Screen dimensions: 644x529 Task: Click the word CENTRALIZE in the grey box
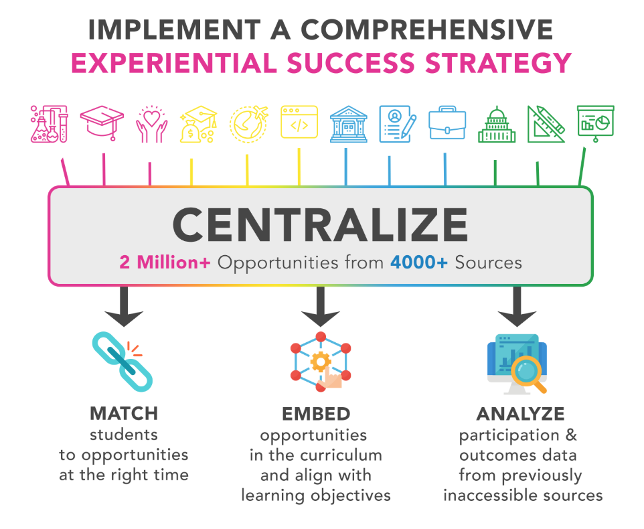coord(320,225)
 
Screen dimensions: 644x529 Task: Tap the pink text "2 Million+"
coord(165,262)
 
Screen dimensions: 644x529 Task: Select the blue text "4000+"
coord(418,262)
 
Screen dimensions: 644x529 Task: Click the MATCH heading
coord(124,413)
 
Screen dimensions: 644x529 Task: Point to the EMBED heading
coord(316,414)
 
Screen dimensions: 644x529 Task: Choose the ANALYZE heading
coord(520,414)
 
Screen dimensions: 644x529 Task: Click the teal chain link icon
coord(122,361)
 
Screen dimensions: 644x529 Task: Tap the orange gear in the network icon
coord(321,362)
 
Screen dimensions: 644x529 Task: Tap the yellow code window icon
coord(299,122)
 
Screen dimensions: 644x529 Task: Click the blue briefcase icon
coord(447,123)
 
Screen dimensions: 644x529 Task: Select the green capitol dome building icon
coord(497,125)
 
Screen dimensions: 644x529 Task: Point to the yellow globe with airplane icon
coord(248,124)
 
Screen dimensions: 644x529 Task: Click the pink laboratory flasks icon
coord(50,124)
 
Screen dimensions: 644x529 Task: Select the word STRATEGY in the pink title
coord(498,63)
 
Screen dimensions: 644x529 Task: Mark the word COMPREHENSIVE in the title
coord(427,29)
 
